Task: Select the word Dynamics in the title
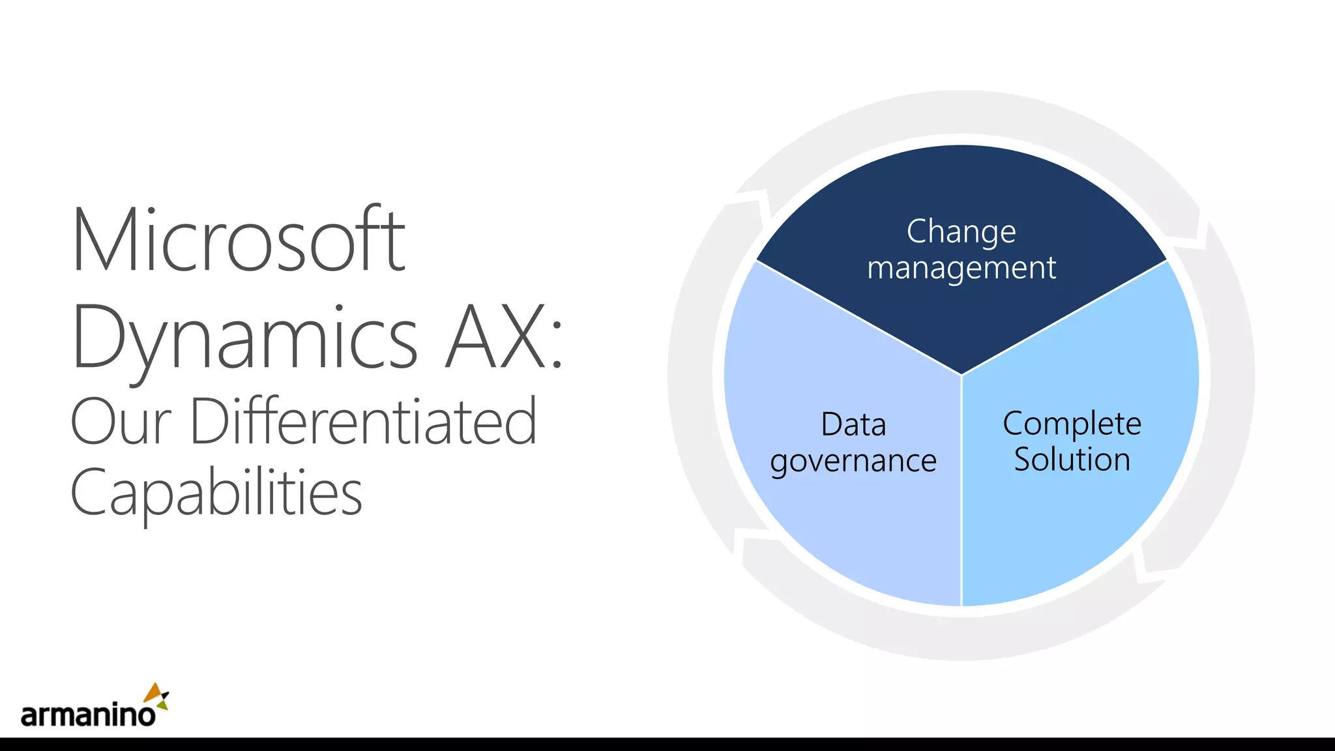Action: [x=244, y=339]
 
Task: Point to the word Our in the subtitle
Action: [x=121, y=422]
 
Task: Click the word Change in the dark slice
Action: [x=961, y=231]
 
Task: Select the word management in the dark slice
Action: [x=961, y=268]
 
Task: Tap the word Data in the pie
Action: [x=853, y=424]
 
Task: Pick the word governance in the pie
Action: [x=853, y=462]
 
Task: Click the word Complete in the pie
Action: [x=1072, y=424]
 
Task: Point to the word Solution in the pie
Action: [x=1072, y=460]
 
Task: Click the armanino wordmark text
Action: [x=88, y=714]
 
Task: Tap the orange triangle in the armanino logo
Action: [x=153, y=693]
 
